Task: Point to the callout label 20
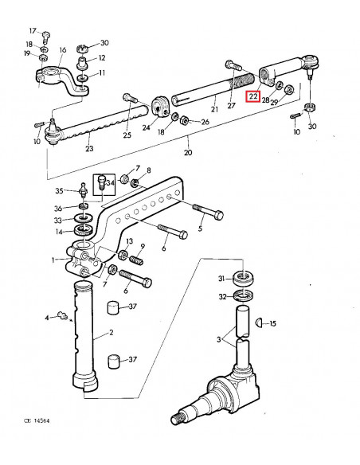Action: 187,150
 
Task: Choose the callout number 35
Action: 59,191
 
